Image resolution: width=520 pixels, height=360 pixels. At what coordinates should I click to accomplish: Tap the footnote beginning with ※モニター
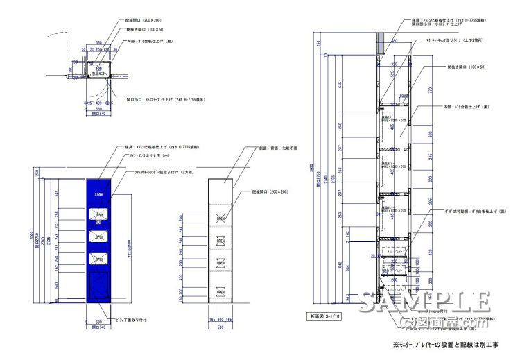click(x=450, y=345)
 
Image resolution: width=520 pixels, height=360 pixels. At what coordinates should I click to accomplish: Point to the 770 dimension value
click(x=430, y=90)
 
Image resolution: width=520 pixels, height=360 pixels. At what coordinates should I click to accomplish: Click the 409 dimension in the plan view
click(x=98, y=103)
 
